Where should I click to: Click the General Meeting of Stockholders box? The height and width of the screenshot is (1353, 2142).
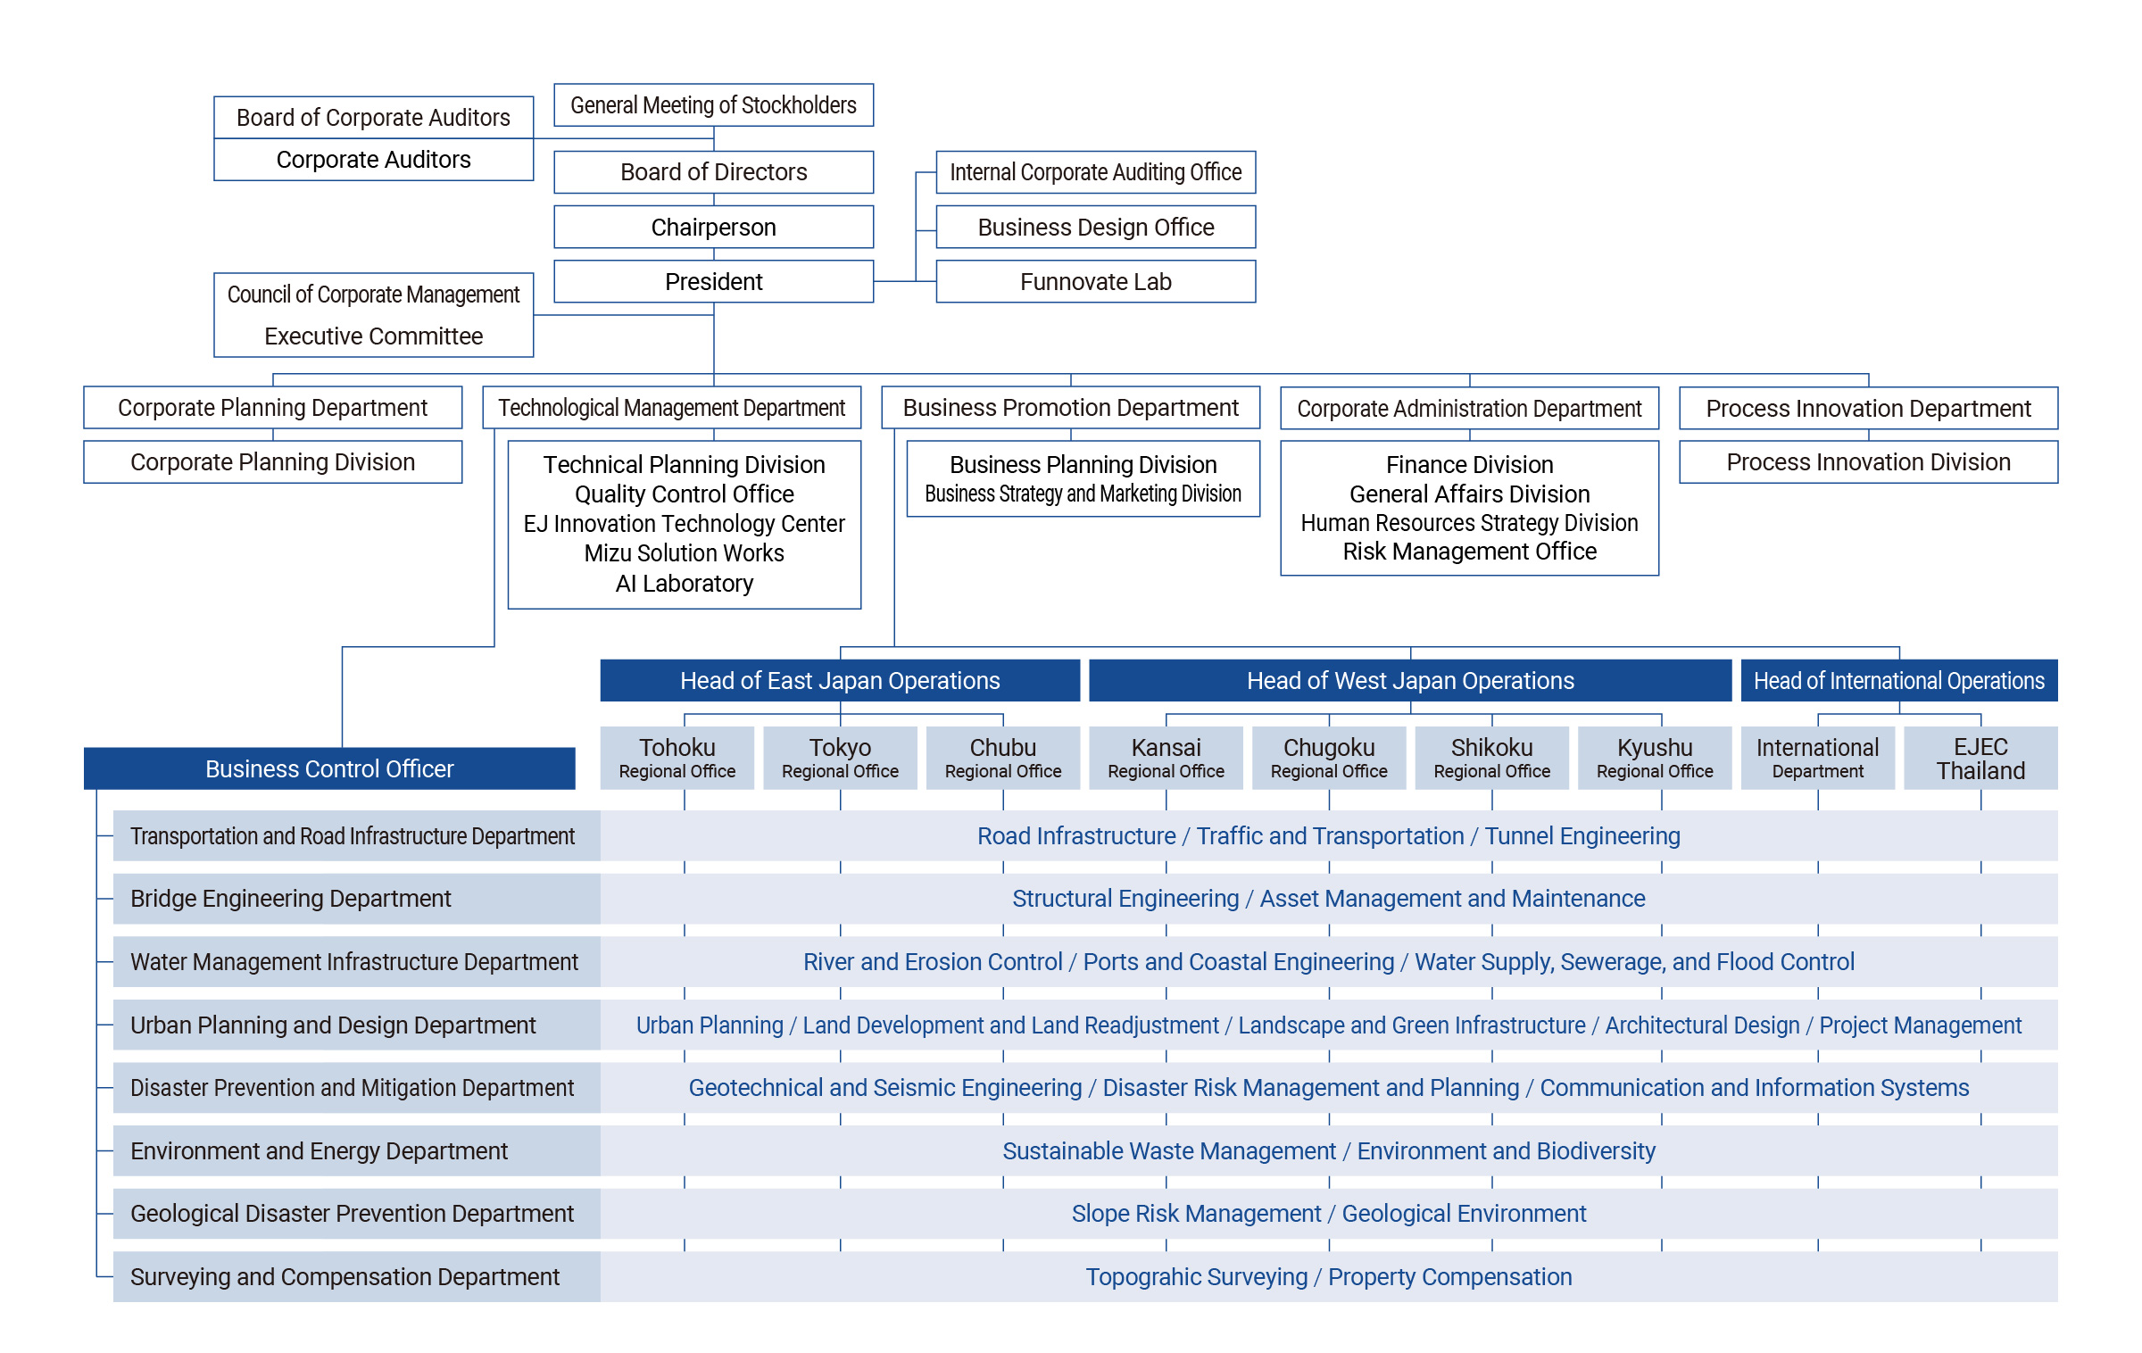tap(713, 105)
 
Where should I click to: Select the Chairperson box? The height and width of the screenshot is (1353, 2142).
tap(713, 227)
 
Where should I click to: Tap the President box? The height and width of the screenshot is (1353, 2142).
tap(713, 281)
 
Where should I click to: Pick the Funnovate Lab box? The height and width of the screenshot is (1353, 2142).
tap(1095, 281)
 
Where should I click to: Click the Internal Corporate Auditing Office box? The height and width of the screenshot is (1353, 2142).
tap(1095, 172)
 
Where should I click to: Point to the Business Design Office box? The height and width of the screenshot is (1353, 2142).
tap(1095, 227)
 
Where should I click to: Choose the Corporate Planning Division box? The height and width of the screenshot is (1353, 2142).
tap(272, 461)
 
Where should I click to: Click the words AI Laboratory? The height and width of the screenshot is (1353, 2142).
tap(684, 583)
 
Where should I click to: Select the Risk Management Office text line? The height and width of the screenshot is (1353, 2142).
tap(1469, 552)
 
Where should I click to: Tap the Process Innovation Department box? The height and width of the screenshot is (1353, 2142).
tap(1868, 408)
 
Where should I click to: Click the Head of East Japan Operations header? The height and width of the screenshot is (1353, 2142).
tap(840, 680)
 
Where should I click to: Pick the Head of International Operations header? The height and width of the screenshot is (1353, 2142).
tap(1898, 680)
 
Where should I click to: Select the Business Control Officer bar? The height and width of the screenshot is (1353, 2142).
tap(329, 768)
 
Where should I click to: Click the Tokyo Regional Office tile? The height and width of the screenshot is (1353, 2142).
tap(840, 758)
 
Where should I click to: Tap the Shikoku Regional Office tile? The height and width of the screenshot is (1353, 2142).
tap(1491, 758)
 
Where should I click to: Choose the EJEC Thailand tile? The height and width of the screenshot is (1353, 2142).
tap(1980, 758)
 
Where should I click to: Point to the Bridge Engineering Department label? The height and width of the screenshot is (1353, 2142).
tap(291, 899)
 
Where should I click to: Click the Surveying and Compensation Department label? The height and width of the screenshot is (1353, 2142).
tap(345, 1277)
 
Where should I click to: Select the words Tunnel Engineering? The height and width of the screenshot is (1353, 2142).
tap(1582, 836)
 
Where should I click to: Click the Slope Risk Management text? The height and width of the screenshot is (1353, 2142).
tap(1196, 1214)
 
